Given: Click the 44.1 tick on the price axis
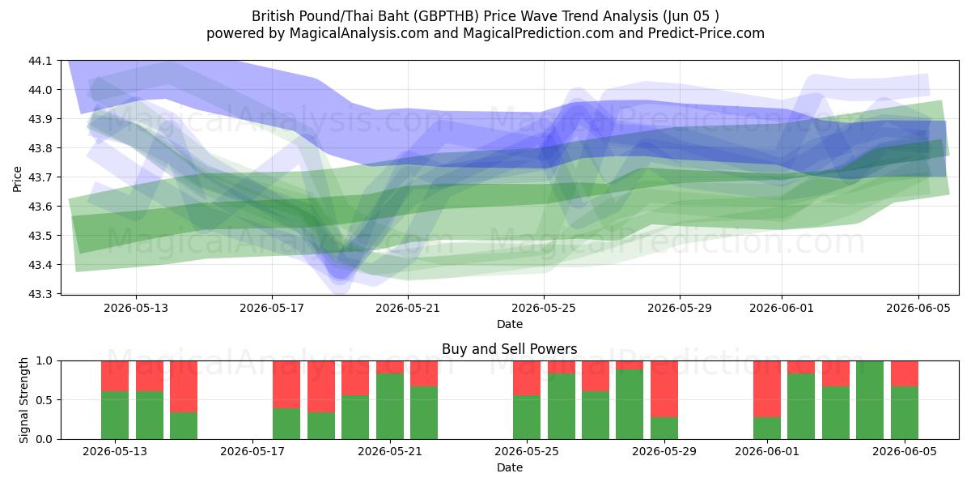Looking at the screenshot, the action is (40, 61).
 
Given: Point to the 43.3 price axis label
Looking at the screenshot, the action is (40, 294).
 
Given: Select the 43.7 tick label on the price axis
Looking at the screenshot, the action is (40, 177).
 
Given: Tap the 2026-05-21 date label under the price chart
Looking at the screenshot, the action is (408, 308).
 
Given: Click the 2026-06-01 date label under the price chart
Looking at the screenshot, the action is (782, 308).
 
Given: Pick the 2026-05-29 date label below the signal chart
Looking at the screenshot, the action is (664, 452).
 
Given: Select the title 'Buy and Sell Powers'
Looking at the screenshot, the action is (509, 349).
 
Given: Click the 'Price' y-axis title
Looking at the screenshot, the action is (17, 179).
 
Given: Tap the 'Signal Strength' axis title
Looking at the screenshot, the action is (23, 400).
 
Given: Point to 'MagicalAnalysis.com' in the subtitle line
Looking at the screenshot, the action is (359, 33).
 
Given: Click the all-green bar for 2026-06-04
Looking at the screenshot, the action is (870, 400).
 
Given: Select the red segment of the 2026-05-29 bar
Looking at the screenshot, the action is (664, 390).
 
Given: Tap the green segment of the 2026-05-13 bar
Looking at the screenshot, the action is (115, 416).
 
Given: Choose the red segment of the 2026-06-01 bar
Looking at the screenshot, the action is (767, 390).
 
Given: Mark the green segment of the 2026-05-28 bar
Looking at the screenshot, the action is (630, 404).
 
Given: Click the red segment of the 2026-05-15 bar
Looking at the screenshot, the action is (184, 386).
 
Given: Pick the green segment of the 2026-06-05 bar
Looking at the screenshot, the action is (905, 412).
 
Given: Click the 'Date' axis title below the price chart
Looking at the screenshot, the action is (509, 324).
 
